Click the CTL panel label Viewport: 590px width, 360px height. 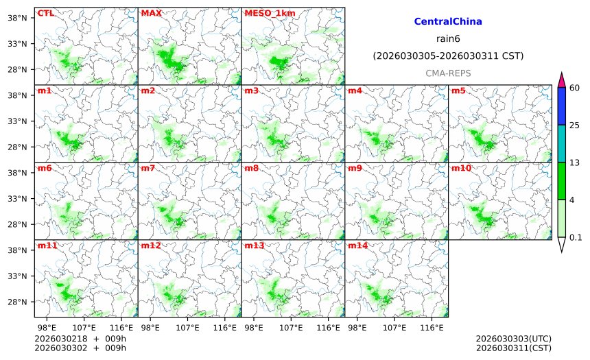(46, 13)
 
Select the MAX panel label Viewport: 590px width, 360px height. (150, 13)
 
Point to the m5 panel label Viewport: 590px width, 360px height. (458, 91)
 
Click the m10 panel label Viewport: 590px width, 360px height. (460, 168)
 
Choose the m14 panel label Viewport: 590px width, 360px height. (357, 245)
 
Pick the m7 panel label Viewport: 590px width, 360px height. (148, 168)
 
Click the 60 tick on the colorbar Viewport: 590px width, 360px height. (575, 87)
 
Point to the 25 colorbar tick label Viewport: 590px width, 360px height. (575, 125)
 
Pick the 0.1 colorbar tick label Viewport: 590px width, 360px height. (576, 237)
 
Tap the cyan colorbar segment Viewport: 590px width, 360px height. (562, 143)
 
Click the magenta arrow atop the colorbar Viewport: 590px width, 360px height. (562, 80)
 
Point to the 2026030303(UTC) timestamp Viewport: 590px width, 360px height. (513, 339)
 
